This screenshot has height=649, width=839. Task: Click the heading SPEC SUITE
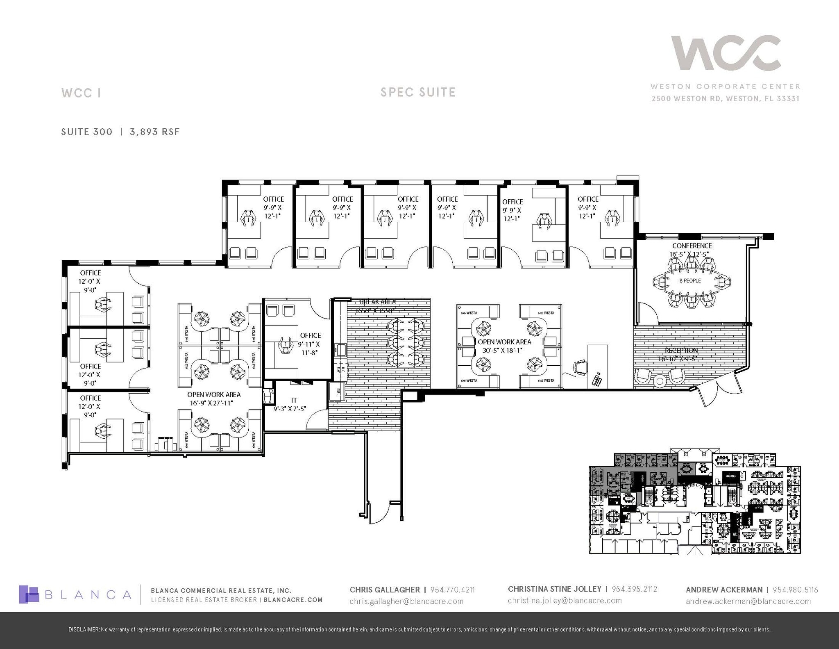point(418,92)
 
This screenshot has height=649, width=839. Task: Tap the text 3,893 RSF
point(154,132)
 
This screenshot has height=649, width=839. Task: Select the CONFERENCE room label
point(692,246)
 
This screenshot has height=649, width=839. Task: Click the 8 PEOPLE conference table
point(690,281)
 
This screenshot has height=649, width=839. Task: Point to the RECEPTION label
point(681,351)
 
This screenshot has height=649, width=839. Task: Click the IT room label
point(294,400)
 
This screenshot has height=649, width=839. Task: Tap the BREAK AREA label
point(375,302)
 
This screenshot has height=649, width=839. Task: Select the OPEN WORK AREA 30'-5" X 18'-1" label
point(504,346)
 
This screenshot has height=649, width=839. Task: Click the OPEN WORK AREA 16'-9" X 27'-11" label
point(214,399)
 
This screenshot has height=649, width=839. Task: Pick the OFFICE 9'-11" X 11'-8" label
point(310,344)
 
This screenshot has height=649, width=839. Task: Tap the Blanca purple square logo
point(29,594)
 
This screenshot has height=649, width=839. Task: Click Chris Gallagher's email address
point(406,601)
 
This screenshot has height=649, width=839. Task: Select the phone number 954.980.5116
point(795,590)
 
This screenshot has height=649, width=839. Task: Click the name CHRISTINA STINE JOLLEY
point(554,589)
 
